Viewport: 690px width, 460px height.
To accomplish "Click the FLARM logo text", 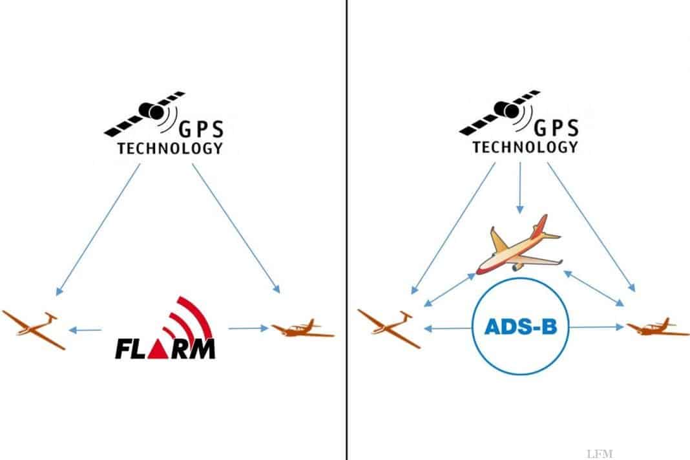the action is pyautogui.click(x=165, y=348).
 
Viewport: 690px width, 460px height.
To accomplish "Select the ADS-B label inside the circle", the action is pyautogui.click(x=521, y=327).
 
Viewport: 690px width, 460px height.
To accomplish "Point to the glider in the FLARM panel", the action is pyautogui.click(x=33, y=329).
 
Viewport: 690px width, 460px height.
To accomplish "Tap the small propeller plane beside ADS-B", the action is pyautogui.click(x=658, y=327).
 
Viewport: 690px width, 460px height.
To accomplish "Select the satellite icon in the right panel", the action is pyautogui.click(x=499, y=112).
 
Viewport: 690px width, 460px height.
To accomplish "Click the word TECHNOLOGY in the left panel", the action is pyautogui.click(x=170, y=149).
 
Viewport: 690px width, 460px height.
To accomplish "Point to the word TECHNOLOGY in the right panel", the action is pyautogui.click(x=525, y=147).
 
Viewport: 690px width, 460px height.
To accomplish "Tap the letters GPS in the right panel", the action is pyautogui.click(x=556, y=128).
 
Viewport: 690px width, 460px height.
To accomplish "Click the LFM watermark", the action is pyautogui.click(x=600, y=454).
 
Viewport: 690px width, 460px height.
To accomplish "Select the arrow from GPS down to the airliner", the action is pyautogui.click(x=520, y=188).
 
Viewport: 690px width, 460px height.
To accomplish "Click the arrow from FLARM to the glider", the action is pyautogui.click(x=85, y=329).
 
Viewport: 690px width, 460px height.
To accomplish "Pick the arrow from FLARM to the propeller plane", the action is pyautogui.click(x=248, y=328).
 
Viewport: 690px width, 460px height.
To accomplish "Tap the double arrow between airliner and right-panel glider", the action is pyautogui.click(x=449, y=289).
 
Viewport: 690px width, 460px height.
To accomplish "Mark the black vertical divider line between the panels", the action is pyautogui.click(x=347, y=230).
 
